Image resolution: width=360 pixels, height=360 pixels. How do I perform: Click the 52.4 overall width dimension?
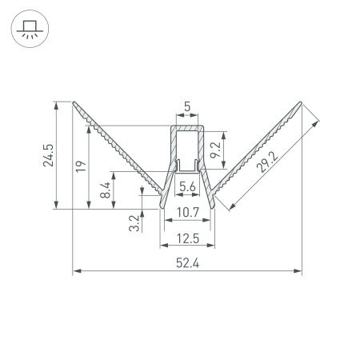coord(187,262)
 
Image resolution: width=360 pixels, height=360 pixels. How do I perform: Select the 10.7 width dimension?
coord(187,213)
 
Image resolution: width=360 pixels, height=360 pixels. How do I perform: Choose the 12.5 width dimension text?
coord(187,238)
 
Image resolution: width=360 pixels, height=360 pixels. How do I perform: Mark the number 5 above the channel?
coord(187,105)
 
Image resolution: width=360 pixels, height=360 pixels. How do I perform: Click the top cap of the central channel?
coord(187,128)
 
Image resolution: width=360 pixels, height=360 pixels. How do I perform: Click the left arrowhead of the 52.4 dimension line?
coord(75,271)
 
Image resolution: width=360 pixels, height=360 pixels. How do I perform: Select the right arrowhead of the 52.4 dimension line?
coord(300,271)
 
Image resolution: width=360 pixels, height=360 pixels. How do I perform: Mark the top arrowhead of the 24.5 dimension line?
coord(56,104)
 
